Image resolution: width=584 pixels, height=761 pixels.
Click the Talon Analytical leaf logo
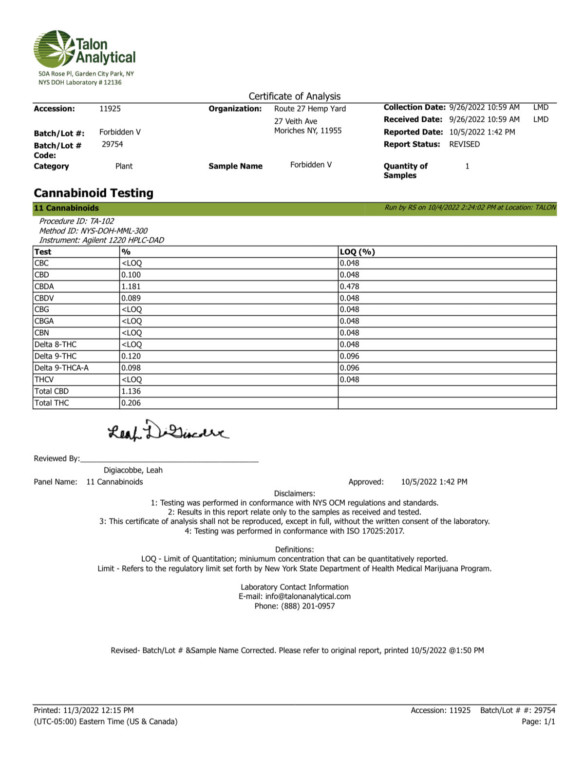pos(54,49)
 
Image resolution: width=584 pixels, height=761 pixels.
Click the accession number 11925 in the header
pos(110,109)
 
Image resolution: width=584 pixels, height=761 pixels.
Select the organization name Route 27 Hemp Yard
pos(310,109)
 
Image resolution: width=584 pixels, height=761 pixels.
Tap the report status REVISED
pos(464,144)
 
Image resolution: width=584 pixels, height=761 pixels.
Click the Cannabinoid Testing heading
pos(94,193)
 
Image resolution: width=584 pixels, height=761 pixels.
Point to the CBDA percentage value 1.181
pos(131,286)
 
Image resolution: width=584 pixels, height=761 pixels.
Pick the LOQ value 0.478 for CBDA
pos(349,286)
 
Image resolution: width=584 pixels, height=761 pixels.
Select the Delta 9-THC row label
pos(56,356)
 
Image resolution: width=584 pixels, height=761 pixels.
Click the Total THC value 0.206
pos(131,403)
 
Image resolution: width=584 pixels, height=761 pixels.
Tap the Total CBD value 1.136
pos(131,391)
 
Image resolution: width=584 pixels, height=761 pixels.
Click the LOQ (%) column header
pos(357,252)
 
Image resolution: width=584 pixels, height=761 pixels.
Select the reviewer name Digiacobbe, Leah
pos(133,470)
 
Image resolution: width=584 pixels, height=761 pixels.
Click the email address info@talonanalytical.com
pos(308,596)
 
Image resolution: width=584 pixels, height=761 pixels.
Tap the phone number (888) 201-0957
pos(308,606)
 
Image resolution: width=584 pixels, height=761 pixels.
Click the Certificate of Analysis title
pos(295,96)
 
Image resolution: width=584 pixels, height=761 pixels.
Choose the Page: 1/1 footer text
pos(538,722)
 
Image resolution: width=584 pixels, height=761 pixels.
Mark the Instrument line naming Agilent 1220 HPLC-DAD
pos(101,240)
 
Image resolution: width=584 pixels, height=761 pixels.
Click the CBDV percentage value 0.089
pos(131,298)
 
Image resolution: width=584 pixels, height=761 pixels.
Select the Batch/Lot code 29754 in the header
pos(113,144)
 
